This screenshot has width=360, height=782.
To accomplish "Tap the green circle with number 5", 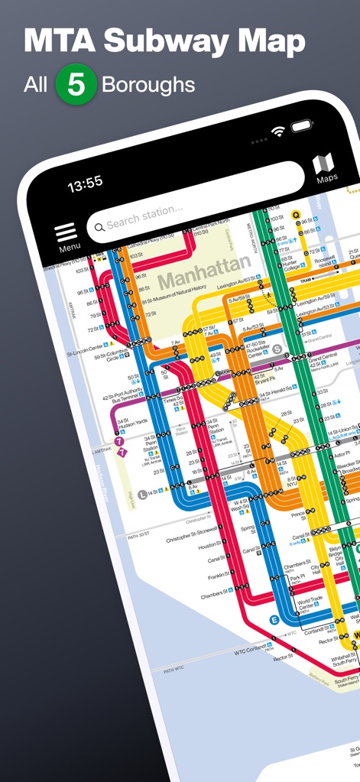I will coord(76,84).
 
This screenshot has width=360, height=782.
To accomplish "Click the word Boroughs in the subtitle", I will coord(148,84).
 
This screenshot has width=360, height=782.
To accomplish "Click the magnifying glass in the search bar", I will coord(98,226).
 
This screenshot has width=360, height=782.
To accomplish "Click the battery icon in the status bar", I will coord(304,125).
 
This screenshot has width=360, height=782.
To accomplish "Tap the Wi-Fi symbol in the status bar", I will coord(278,131).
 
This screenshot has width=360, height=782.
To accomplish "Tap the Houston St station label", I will coord(209,545).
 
